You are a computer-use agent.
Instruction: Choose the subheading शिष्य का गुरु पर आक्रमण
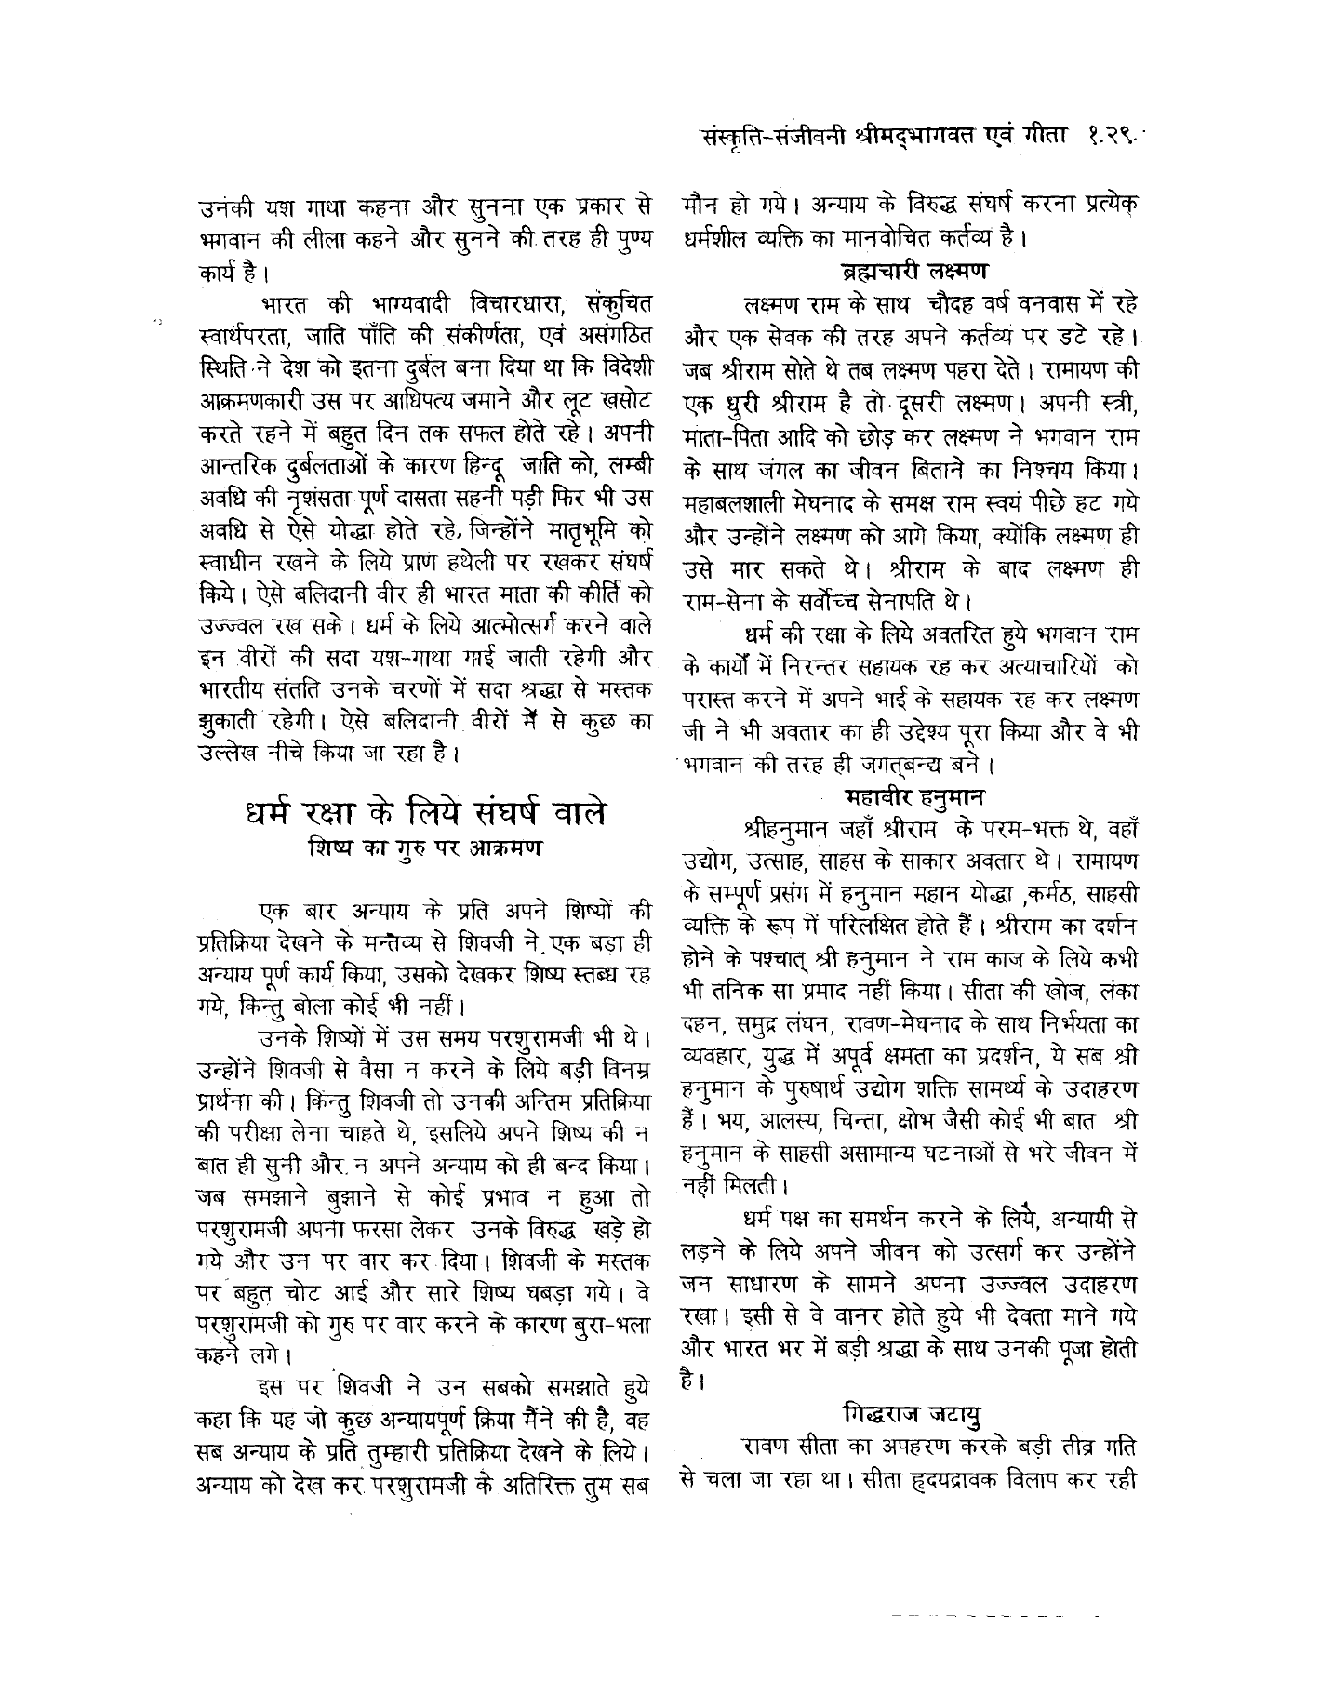coord(424,849)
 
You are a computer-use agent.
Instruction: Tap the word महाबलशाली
coord(739,503)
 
